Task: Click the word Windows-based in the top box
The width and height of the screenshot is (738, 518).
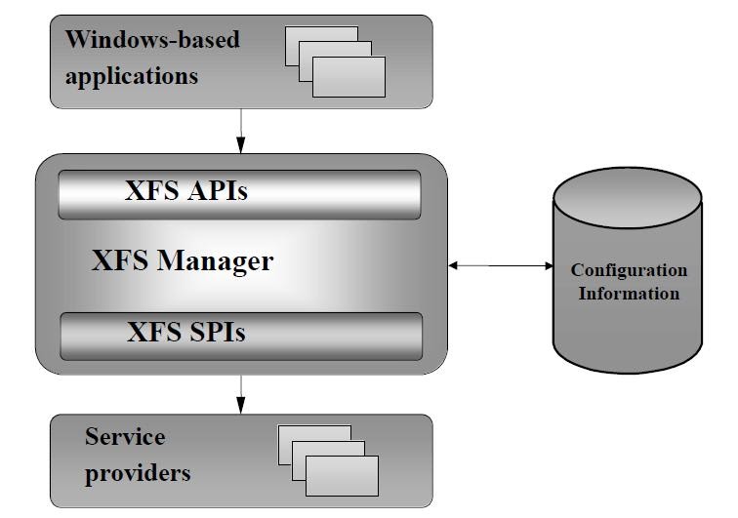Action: point(151,41)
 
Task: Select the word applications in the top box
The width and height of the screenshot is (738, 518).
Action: point(131,75)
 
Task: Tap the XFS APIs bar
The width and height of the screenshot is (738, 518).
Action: point(240,192)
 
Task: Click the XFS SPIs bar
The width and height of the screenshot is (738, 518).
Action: point(240,334)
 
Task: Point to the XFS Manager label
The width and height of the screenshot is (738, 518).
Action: point(183,261)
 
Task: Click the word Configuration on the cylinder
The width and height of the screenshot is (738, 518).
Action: point(629,270)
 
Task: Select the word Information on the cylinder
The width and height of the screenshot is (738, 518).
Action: point(629,293)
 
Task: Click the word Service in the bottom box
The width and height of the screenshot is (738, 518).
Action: point(125,436)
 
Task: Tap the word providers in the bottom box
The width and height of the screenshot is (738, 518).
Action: point(137,474)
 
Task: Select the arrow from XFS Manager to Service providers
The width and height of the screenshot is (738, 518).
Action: point(240,394)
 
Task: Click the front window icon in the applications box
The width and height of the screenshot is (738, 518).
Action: point(348,77)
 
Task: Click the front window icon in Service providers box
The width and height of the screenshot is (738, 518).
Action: point(342,475)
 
